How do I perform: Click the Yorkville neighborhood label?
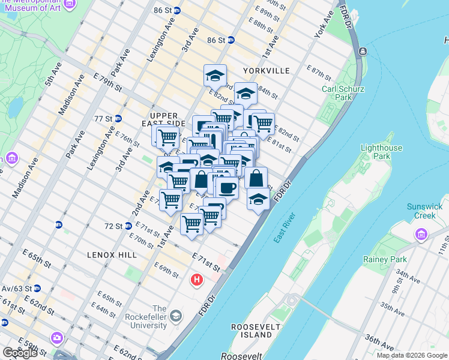click(265, 71)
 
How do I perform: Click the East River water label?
click(286, 230)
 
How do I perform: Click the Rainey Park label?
click(385, 260)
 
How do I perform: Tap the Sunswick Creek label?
click(424, 211)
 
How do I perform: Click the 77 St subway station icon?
click(118, 119)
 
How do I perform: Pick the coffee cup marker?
click(226, 188)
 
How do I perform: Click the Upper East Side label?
click(164, 119)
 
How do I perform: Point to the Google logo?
click(20, 353)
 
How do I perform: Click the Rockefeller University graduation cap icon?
click(175, 315)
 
